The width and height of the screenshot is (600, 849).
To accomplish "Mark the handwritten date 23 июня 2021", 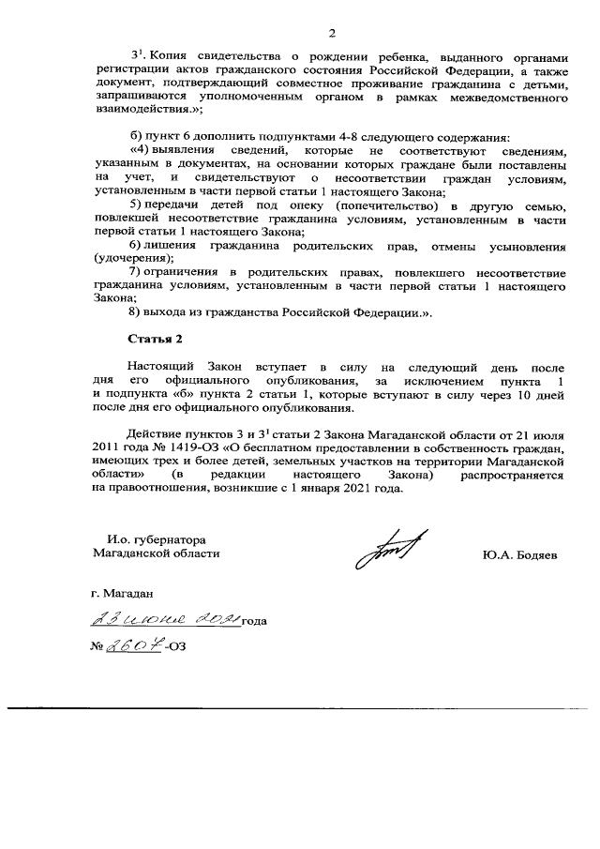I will [x=165, y=619].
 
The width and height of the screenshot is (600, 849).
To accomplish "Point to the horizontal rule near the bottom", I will [x=300, y=706].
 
